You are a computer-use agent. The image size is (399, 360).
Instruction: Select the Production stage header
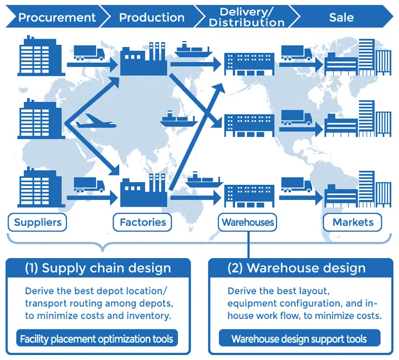point(151,17)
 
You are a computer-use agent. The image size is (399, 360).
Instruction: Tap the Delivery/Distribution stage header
point(246,17)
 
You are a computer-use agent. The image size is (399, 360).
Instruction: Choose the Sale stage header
point(341,17)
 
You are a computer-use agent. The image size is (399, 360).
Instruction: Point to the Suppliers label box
point(37,223)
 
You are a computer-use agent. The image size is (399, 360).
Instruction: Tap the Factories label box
point(142,223)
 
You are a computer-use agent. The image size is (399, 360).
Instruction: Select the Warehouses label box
point(248,223)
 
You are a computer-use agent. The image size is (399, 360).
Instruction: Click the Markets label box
point(353,223)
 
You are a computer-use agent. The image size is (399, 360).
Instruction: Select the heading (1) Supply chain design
point(98,269)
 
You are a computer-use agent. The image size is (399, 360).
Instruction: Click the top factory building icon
point(144,59)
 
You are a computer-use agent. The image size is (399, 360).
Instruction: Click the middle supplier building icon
point(40,119)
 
